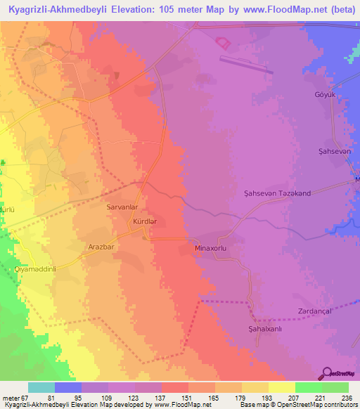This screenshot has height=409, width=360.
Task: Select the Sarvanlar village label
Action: (x=120, y=208)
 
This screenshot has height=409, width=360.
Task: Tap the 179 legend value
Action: (x=228, y=398)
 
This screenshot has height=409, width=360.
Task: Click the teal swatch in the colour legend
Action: (x=41, y=387)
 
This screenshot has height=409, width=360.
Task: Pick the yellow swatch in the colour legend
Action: (x=281, y=387)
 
